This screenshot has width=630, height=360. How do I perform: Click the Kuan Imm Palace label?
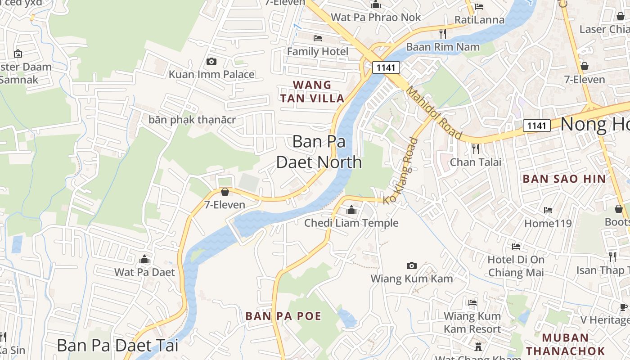tap(211, 74)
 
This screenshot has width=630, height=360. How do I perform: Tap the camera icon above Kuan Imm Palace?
tap(211, 61)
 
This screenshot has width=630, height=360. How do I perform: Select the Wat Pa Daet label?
tap(144, 272)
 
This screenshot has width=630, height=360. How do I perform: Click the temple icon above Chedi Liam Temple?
tap(351, 210)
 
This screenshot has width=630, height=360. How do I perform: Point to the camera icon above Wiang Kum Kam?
tap(411, 265)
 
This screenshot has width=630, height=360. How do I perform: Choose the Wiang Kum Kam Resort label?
tap(472, 323)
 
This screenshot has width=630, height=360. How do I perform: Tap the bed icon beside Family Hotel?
tap(318, 38)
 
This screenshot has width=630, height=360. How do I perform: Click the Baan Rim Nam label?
tap(443, 47)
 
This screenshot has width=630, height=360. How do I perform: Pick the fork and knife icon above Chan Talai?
tap(475, 148)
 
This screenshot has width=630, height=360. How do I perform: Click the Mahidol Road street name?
tap(434, 113)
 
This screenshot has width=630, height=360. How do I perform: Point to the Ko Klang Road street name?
tap(400, 171)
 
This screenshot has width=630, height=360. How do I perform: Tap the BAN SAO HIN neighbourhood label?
tap(564, 179)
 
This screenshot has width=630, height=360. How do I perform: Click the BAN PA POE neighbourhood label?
tap(283, 316)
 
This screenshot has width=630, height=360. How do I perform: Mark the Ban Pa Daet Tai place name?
tap(117, 346)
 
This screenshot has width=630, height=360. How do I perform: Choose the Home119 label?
tap(548, 223)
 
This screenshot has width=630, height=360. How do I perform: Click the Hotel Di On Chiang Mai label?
tap(516, 266)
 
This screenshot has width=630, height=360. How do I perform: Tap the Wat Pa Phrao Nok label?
tap(376, 18)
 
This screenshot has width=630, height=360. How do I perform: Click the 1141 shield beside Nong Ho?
tap(537, 126)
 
